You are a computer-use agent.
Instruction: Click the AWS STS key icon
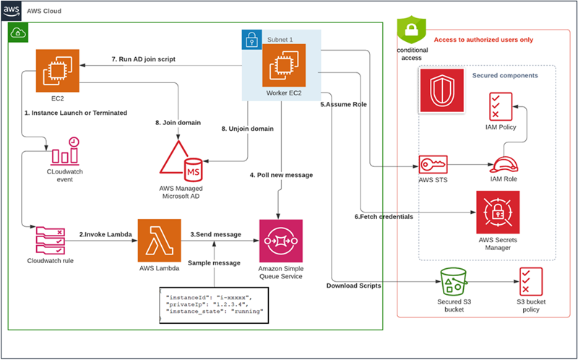[431, 164]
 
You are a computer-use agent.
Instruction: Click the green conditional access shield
[410, 29]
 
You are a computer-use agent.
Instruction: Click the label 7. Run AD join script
[143, 59]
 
